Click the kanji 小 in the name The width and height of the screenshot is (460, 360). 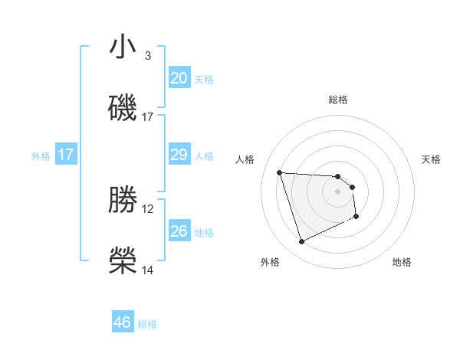coord(123,47)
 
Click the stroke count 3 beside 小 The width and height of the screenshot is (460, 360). coord(148,56)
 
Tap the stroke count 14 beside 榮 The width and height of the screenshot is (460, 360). coord(148,270)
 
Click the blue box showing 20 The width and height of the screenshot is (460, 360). coord(179,78)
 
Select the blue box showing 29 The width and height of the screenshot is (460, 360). coord(179,155)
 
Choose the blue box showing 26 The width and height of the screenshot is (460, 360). coord(179,231)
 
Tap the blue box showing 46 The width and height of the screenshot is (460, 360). coord(123,322)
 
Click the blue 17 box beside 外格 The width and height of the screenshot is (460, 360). coord(66,155)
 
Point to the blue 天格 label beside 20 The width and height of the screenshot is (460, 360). coord(203,80)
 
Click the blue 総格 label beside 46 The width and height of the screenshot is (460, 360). coord(147,324)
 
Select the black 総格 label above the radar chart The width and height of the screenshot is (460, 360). coord(338,100)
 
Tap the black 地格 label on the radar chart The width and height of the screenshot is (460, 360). coord(402,262)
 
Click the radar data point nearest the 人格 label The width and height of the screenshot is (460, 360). coord(280,172)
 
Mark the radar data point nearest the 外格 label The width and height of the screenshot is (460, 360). coord(301,242)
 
